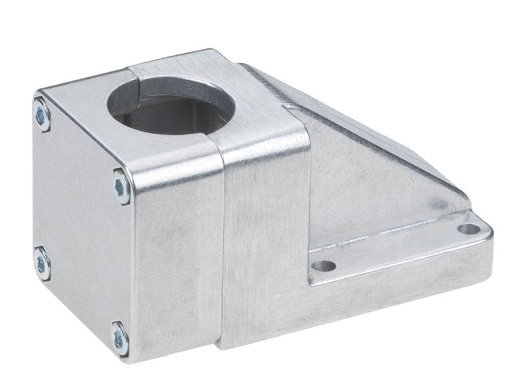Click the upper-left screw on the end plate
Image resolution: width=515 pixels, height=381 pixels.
click(x=41, y=114)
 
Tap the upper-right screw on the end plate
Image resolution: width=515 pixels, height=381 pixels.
click(x=121, y=186)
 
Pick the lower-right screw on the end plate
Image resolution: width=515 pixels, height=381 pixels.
click(x=120, y=338)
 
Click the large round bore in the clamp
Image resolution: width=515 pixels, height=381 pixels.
click(x=171, y=107)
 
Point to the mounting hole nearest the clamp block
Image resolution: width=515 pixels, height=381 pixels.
click(x=323, y=266)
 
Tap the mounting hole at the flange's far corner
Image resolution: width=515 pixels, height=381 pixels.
click(x=468, y=229)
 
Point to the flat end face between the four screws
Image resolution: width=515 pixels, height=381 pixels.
click(x=81, y=227)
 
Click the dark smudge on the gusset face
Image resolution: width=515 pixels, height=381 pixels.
click(x=439, y=203)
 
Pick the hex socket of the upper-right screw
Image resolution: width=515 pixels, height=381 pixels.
click(x=121, y=186)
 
